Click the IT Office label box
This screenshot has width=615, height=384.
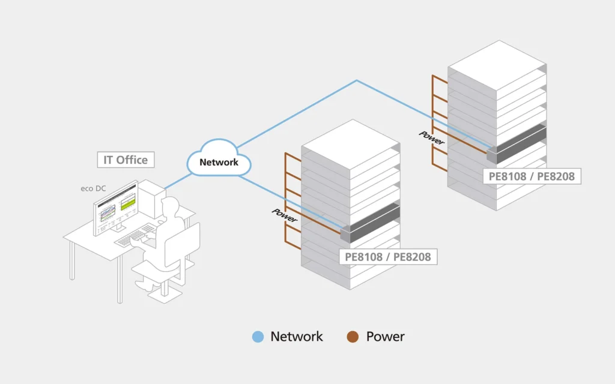point(126,160)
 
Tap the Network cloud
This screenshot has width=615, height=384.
point(219,158)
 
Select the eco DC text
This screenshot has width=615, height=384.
point(93,188)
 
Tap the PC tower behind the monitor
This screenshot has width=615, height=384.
point(151,198)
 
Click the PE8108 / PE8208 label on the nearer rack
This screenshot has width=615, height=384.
point(388,257)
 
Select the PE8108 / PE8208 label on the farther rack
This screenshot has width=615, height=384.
point(532,176)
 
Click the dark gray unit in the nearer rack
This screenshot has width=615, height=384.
point(370,223)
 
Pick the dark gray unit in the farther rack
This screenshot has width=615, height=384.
point(517,144)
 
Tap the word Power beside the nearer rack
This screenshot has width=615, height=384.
point(285,215)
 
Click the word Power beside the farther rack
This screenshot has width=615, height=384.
point(432,137)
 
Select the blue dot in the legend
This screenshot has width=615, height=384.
point(258,337)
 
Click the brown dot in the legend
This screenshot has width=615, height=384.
point(353,337)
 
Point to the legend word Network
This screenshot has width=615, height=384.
point(297,337)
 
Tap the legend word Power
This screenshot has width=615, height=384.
point(385,337)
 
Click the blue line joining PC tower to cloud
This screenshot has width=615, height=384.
point(178,181)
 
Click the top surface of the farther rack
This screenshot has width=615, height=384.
point(497,65)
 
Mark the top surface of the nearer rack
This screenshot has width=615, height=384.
point(351,145)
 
